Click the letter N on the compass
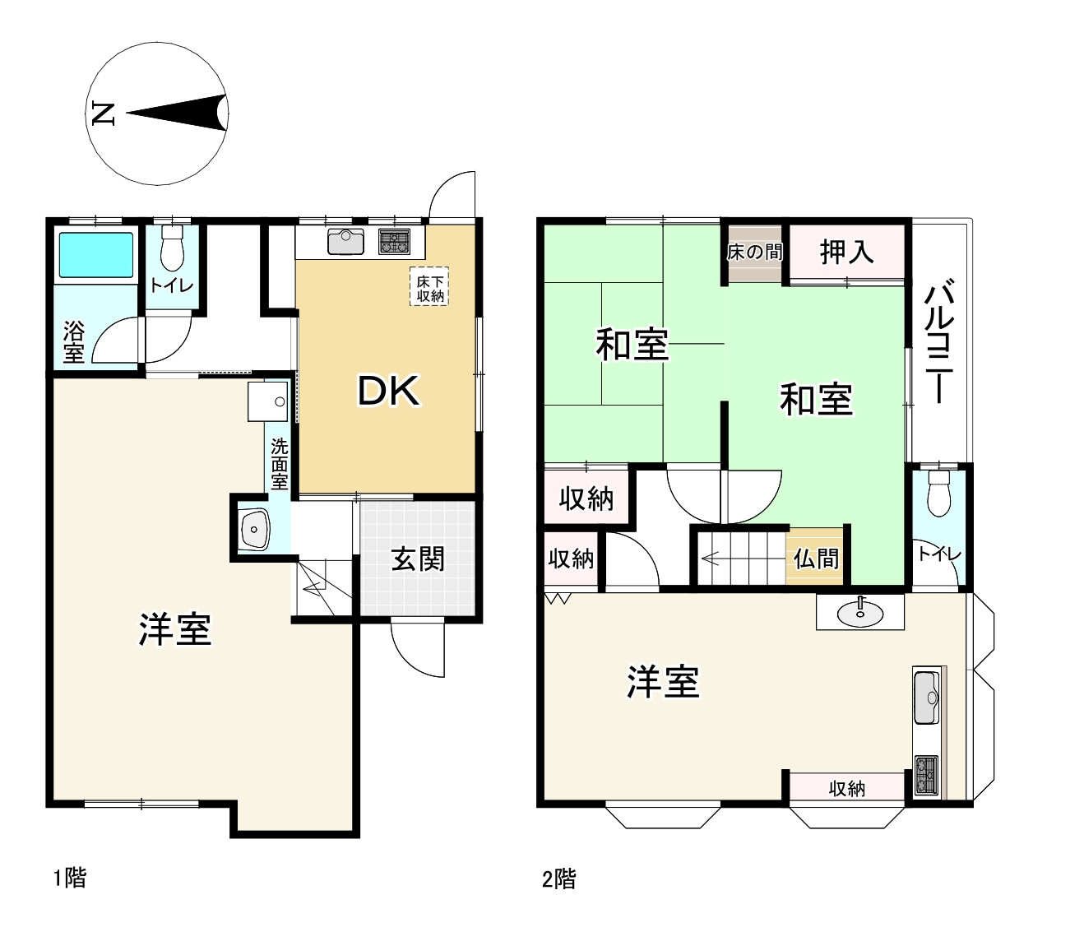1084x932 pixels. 103,113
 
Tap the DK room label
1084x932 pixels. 388,392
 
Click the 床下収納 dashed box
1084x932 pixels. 430,287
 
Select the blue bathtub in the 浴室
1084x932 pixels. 95,256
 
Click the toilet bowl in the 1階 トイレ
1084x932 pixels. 172,250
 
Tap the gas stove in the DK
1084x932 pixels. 394,242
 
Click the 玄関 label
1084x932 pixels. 418,559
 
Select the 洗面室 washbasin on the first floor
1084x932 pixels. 254,529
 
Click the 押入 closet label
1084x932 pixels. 846,252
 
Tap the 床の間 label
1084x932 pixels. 754,252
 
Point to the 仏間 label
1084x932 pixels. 816,559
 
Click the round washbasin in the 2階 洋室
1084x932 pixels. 859,611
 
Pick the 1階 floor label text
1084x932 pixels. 70,878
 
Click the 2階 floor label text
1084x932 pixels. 558,879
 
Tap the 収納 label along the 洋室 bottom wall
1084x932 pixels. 846,789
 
